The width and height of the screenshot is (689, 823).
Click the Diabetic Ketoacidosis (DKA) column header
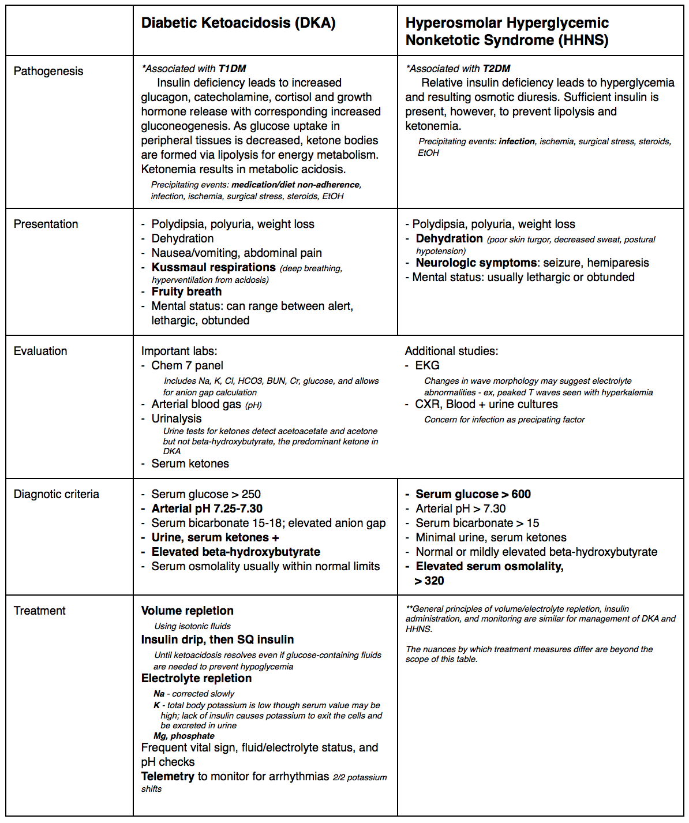point(238,23)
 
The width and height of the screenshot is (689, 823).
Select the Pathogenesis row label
point(48,71)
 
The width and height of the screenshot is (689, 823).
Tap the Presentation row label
point(46,224)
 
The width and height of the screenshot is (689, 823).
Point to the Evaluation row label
point(40,351)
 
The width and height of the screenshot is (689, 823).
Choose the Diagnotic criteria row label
point(57,494)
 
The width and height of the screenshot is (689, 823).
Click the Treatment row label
point(40,611)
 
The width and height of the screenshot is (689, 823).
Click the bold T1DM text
point(232,69)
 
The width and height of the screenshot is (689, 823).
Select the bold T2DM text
point(496,69)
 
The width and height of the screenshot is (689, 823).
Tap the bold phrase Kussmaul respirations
point(214,267)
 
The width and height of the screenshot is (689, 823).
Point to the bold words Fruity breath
point(186,291)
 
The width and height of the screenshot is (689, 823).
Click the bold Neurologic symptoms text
point(476,263)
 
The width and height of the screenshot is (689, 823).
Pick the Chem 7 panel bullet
point(187,365)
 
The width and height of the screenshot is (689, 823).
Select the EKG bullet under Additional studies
point(427,365)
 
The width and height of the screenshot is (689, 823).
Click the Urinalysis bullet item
point(177,418)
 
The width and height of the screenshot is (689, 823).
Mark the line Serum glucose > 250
point(206,494)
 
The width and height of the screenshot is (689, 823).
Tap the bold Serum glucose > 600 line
point(473,494)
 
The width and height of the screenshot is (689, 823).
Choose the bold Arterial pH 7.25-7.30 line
point(207,508)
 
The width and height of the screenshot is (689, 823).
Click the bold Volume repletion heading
point(188,611)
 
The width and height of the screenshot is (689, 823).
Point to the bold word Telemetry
point(168,776)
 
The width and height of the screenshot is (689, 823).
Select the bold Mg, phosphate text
point(184,736)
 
